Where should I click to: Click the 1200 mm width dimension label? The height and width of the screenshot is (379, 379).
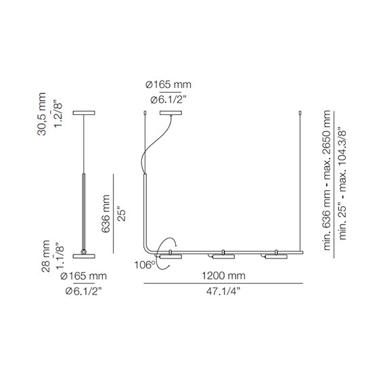[x=223, y=275]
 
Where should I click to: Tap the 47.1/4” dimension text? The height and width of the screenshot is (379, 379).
[x=223, y=291]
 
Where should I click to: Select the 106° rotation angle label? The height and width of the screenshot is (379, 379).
[x=145, y=265]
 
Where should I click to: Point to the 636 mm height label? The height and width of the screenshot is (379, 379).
[x=106, y=214]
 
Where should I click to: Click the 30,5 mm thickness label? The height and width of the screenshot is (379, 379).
[x=41, y=114]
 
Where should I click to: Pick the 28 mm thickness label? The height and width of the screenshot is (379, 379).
[x=46, y=257]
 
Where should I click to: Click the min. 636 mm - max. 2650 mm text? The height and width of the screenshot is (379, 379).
[x=327, y=180]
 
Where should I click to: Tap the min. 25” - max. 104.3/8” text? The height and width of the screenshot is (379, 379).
[x=342, y=183]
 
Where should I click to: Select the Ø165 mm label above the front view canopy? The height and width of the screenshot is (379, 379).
[x=169, y=85]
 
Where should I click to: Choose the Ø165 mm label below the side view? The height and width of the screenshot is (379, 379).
[x=83, y=276]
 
